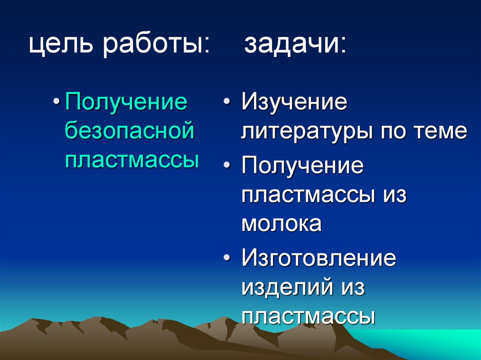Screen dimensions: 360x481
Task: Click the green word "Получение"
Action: [126, 102]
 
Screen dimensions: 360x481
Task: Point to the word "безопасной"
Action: [129, 131]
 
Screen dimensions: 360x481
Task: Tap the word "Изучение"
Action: [295, 102]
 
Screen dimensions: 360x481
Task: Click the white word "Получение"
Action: [303, 167]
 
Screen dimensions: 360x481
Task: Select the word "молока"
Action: [281, 224]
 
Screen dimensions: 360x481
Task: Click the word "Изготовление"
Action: [319, 259]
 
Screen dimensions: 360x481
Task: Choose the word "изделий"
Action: [285, 288]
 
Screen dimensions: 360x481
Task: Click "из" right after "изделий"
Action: [349, 288]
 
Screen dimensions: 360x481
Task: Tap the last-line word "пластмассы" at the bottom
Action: [308, 317]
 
